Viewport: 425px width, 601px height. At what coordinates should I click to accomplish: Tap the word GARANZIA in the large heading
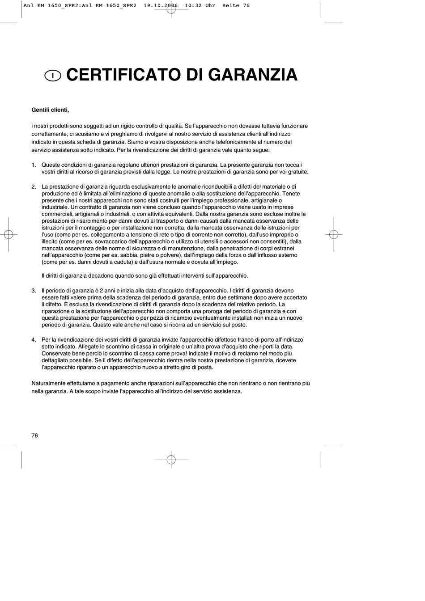pyautogui.click(x=253, y=75)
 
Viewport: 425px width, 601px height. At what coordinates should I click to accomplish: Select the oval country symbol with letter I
pyautogui.click(x=53, y=76)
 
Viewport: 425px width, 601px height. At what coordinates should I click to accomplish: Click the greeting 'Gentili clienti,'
pyautogui.click(x=50, y=110)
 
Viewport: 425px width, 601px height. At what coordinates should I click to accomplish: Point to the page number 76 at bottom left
pyautogui.click(x=35, y=436)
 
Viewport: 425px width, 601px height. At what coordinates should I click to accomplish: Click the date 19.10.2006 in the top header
pyautogui.click(x=161, y=6)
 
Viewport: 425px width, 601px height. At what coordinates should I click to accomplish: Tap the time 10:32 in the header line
pyautogui.click(x=191, y=6)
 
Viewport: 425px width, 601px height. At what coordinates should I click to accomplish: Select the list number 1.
pyautogui.click(x=34, y=165)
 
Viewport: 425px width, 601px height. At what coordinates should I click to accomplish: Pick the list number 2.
pyautogui.click(x=34, y=186)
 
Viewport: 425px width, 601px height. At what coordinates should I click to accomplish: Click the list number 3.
pyautogui.click(x=34, y=291)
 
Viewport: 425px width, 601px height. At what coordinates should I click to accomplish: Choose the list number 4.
pyautogui.click(x=34, y=340)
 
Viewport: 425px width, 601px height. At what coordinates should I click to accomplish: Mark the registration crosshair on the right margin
pyautogui.click(x=333, y=234)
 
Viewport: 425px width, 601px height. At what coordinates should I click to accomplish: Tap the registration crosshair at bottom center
pyautogui.click(x=171, y=460)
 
